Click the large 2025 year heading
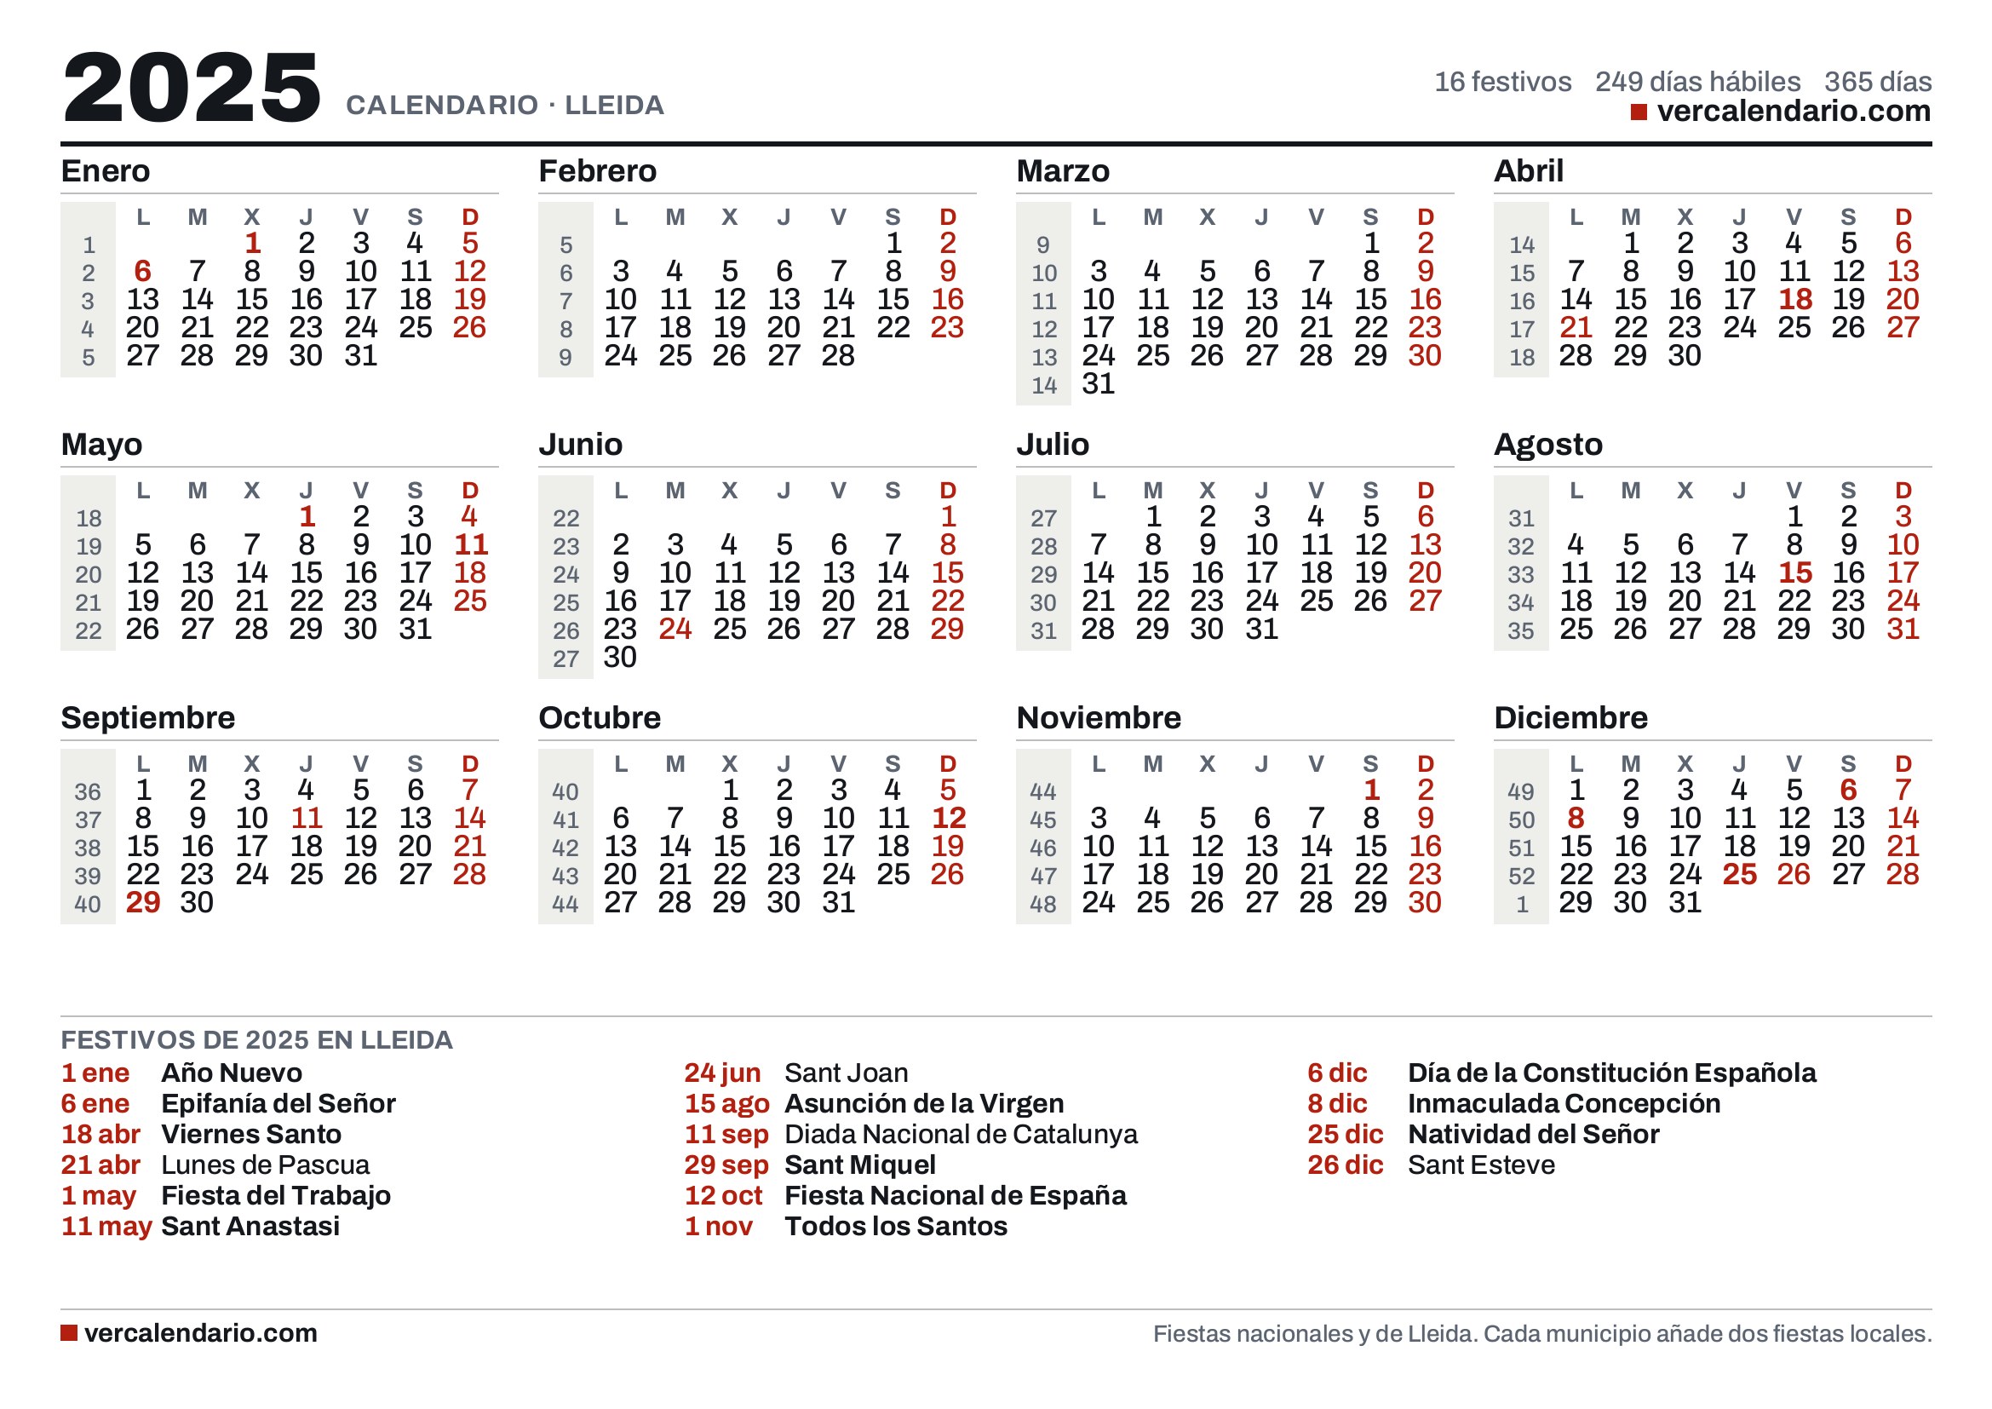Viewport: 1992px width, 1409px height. (192, 87)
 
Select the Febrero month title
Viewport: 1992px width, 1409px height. (597, 171)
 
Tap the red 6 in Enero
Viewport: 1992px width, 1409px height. (143, 272)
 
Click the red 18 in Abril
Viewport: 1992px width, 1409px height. (1795, 299)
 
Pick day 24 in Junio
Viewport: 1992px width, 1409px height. (675, 628)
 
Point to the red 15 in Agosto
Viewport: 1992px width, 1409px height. (1795, 572)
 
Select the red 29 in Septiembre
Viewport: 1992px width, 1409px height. (143, 902)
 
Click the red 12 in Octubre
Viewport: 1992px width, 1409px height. (948, 817)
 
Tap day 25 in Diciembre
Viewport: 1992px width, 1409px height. (1740, 874)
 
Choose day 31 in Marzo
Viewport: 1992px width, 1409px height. (1099, 383)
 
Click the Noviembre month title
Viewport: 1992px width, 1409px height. (1099, 717)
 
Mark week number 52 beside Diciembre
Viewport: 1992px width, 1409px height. (1522, 877)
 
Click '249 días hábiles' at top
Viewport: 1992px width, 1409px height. (1697, 82)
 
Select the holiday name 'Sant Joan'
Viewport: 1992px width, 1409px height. (846, 1073)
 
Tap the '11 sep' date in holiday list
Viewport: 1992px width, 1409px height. (726, 1134)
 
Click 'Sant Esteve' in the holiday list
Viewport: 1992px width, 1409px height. (1481, 1165)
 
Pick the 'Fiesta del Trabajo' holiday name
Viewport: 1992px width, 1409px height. (276, 1195)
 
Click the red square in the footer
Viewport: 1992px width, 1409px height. (68, 1332)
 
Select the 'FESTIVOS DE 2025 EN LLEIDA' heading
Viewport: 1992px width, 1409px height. (257, 1039)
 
